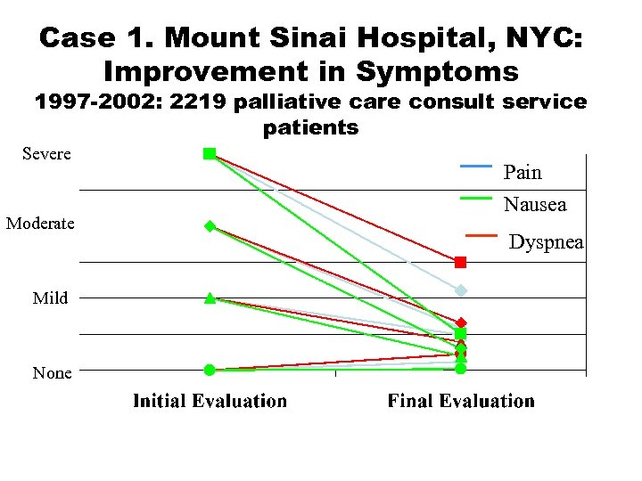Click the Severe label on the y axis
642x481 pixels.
46,154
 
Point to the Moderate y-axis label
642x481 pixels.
40,223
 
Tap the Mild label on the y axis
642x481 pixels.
50,298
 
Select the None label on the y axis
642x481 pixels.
52,373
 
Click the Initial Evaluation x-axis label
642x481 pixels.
210,401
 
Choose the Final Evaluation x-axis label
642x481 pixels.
461,401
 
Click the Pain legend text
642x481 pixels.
523,171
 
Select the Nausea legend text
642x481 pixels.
535,205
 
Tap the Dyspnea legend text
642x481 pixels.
547,241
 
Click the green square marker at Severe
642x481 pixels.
210,154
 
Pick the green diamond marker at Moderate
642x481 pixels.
210,226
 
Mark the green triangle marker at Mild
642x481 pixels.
210,298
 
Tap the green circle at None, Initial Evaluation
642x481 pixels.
209,370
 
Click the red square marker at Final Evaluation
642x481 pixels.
460,262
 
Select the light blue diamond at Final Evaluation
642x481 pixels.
461,290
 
